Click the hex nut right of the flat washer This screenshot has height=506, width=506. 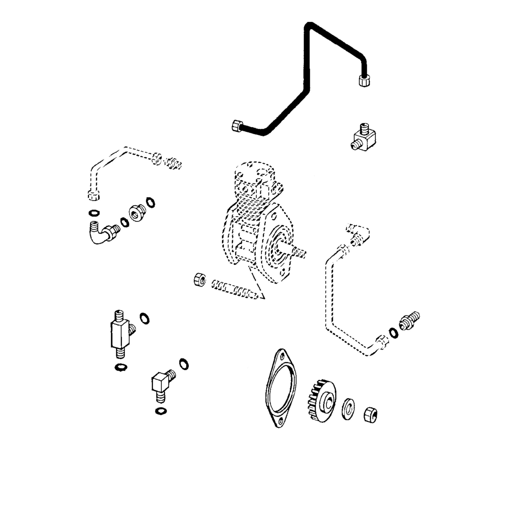point(370,415)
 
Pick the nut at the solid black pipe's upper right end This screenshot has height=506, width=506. point(364,80)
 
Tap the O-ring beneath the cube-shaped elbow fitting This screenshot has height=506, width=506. point(161,411)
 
